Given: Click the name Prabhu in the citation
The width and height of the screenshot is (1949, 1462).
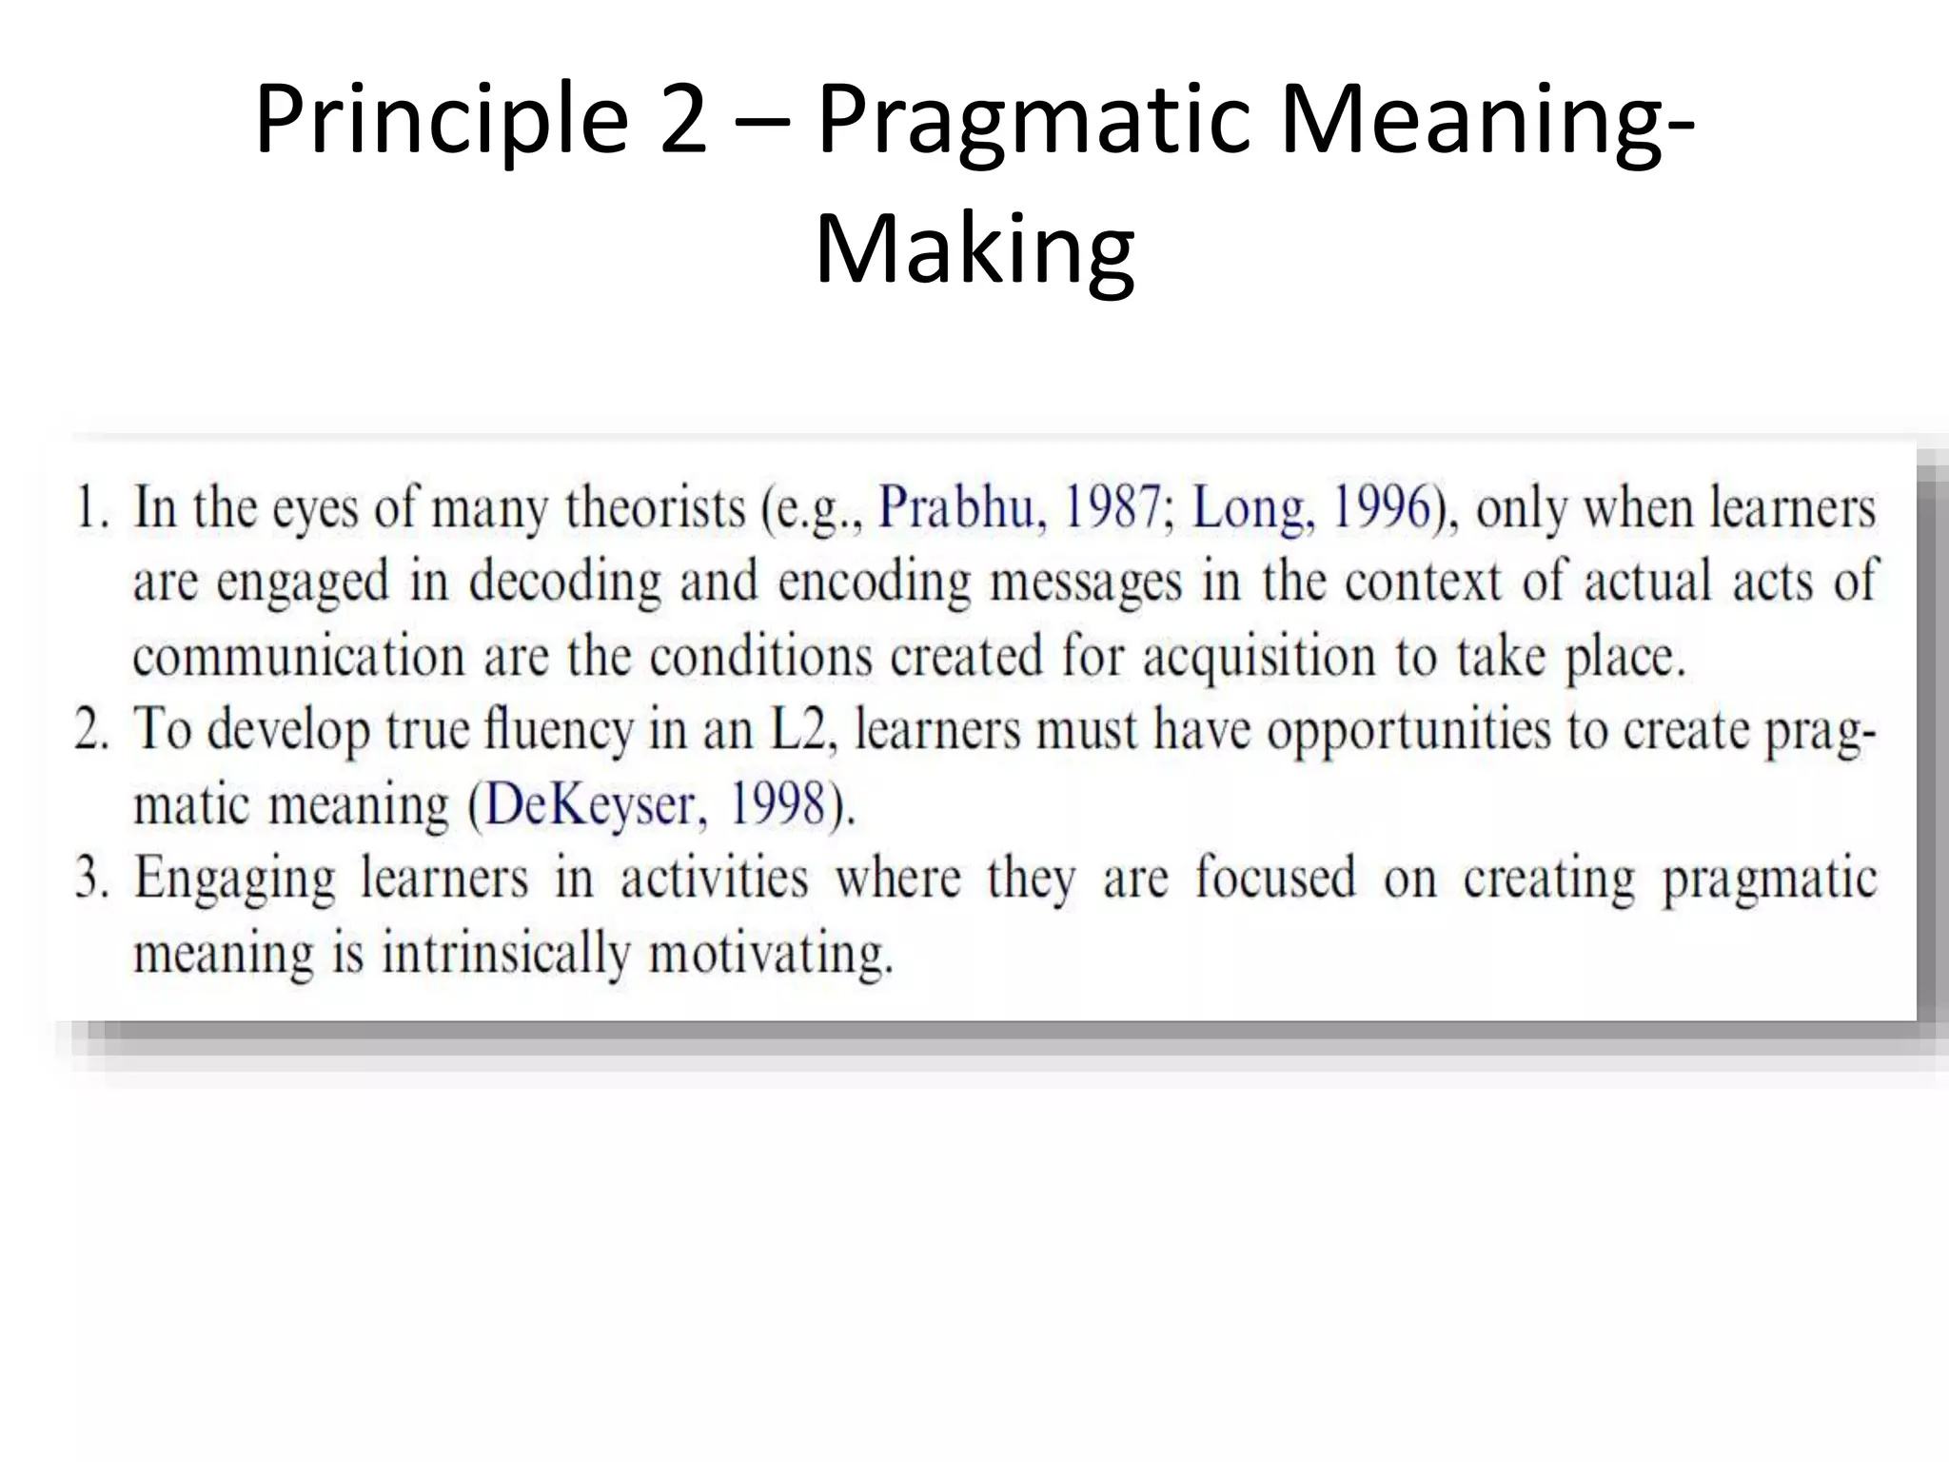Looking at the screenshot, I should point(955,507).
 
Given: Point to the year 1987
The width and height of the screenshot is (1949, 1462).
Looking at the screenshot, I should point(1112,507).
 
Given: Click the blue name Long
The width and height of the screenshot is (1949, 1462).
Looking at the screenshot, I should point(1249,507).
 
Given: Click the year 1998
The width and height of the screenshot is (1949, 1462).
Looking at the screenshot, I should point(776,805).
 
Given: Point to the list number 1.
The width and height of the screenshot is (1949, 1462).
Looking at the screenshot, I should point(89,507).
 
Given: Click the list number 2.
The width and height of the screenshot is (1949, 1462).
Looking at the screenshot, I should point(91,731).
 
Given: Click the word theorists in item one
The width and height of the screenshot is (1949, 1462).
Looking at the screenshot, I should point(655,507).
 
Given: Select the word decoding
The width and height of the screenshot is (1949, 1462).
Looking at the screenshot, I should point(564,582).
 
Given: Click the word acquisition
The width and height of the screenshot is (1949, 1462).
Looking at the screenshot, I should point(1259,657).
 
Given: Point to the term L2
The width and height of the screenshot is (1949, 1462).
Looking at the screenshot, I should point(797,731).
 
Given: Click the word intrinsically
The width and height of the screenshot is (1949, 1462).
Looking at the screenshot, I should point(506,953).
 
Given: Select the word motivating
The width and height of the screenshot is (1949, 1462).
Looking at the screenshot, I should point(771,953).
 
